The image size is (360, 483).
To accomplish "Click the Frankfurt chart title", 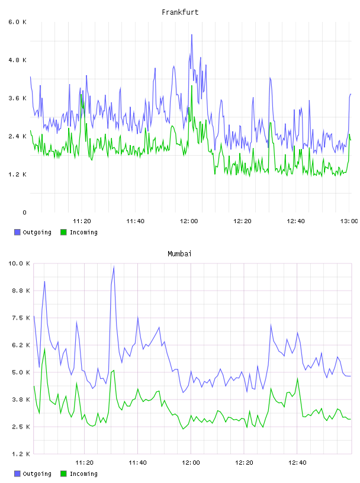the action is pos(180,12).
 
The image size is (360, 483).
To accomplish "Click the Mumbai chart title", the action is pos(179,254).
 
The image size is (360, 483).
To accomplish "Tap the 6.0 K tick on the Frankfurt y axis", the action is pos(18,22).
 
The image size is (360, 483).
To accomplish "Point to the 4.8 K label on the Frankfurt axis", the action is pos(18,60).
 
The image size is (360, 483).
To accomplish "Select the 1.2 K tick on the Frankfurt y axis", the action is pos(18,175).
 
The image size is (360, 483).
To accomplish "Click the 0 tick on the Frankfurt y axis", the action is pos(25,212).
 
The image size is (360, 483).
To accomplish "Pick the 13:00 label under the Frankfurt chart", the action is pos(349,221).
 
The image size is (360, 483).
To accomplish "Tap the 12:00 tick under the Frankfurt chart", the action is pos(189,221).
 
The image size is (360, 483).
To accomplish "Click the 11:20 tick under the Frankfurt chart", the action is pos(82,221).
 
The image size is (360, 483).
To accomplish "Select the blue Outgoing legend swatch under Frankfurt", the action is pos(17,232).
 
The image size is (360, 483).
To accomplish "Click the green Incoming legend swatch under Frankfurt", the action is pos(63,232).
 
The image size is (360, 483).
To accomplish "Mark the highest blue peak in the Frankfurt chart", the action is pos(192,34).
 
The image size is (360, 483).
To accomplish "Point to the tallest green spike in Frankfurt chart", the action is pos(192,86).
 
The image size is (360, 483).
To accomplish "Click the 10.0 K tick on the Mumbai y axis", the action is pos(19,263).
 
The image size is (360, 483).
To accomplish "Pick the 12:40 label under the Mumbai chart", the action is pos(297,463).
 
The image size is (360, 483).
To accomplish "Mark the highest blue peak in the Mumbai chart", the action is pos(114,267).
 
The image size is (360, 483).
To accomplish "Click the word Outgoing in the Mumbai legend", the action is pos(37,474).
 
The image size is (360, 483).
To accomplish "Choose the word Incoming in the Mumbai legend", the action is pos(83,474).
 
